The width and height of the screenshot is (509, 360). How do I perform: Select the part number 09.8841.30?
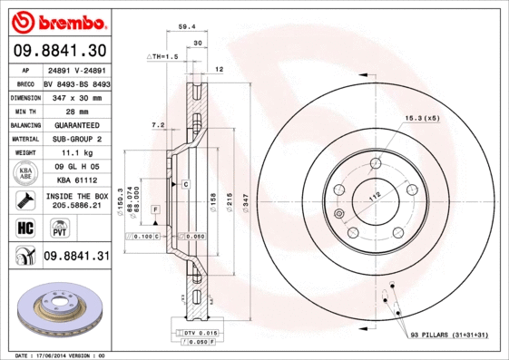click(x=59, y=50)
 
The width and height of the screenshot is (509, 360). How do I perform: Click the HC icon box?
click(x=24, y=227)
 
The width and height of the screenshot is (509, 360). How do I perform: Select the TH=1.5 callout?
click(x=164, y=56)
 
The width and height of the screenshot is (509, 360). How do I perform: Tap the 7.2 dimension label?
click(x=157, y=124)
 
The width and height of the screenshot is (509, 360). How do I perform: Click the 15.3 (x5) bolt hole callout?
click(x=422, y=118)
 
